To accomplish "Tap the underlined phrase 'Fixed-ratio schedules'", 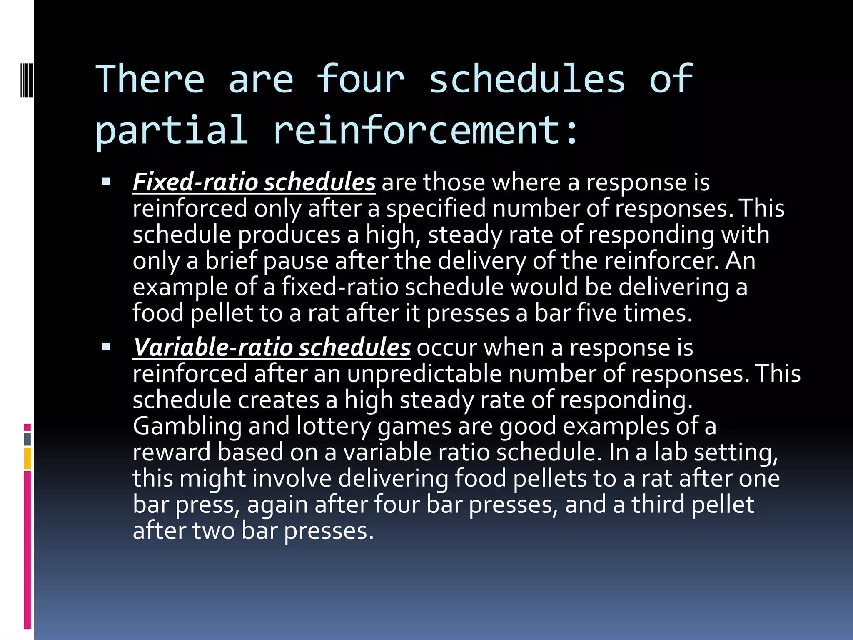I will coord(254,182).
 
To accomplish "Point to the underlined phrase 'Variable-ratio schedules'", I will coord(272,347).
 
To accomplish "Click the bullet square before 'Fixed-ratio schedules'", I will coord(106,182).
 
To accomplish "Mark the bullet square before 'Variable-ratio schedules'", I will coord(106,347).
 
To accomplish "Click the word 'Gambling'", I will coord(187,426).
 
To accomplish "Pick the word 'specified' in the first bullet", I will coord(436,208).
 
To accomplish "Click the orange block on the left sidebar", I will coord(27,458).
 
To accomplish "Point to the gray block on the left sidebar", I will coord(27,439).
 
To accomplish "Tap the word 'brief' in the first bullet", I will coord(231,261).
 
